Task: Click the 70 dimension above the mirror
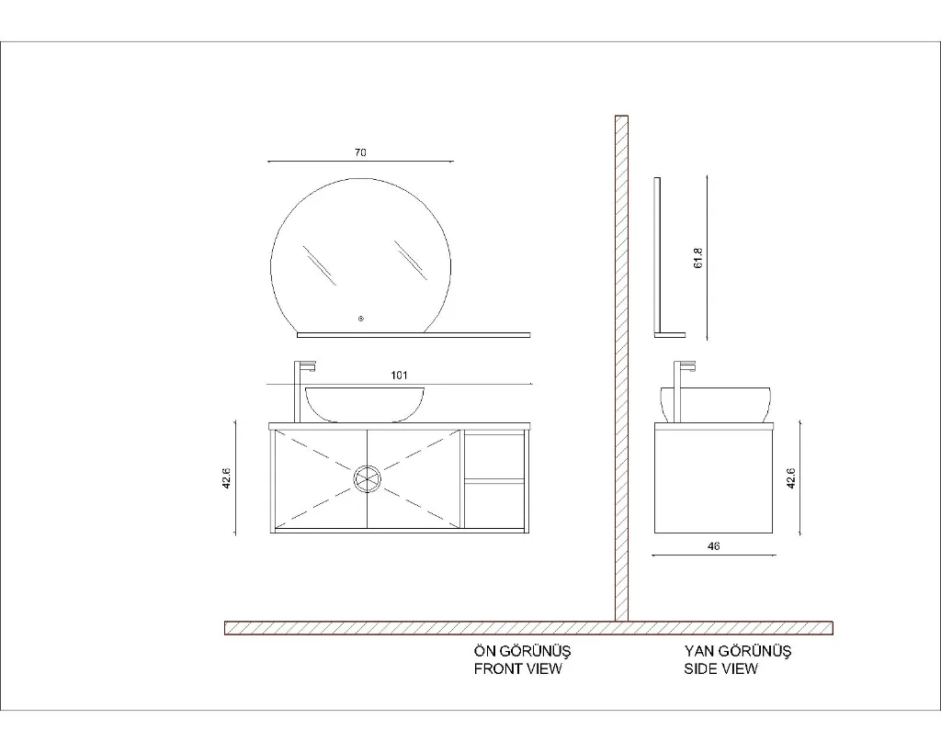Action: click(x=360, y=152)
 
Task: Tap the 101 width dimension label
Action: click(x=399, y=376)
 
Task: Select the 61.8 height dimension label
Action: click(x=698, y=258)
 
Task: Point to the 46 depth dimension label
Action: click(x=713, y=546)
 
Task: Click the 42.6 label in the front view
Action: click(x=227, y=478)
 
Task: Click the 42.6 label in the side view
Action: click(x=791, y=478)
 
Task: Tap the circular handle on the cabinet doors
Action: click(x=367, y=479)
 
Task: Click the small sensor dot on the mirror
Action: click(x=360, y=319)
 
